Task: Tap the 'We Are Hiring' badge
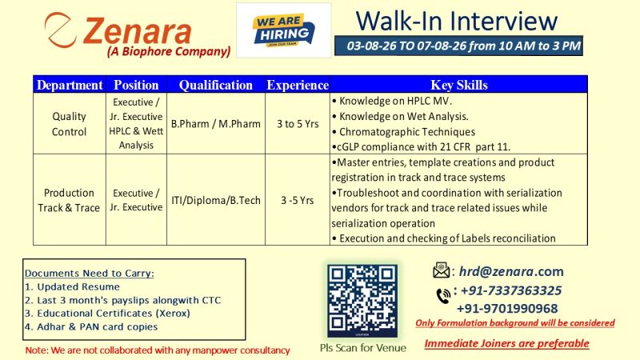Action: tap(284, 30)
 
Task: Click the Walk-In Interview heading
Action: tap(456, 21)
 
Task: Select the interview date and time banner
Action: tap(458, 46)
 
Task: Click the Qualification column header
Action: tap(215, 85)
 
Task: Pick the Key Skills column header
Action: tap(458, 85)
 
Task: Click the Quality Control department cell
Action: tap(69, 124)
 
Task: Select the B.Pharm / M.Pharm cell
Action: tap(215, 124)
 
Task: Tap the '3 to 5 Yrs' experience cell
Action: tap(298, 124)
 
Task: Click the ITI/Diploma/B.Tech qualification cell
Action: tap(215, 201)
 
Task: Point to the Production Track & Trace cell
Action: tap(69, 201)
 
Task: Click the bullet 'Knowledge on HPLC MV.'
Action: tap(392, 101)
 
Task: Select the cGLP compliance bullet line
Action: tap(422, 147)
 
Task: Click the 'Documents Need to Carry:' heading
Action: tap(90, 273)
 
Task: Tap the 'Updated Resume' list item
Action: tap(72, 287)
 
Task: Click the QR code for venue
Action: tap(362, 301)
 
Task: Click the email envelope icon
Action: tap(442, 270)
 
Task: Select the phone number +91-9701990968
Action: tap(507, 309)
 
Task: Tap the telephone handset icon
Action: tap(443, 295)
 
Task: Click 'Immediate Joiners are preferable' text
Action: tap(507, 344)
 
